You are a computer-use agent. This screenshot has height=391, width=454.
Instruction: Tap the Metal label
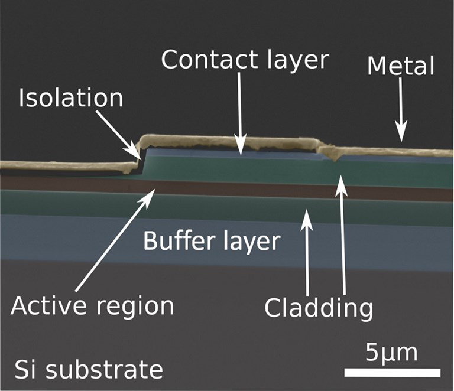coord(401,66)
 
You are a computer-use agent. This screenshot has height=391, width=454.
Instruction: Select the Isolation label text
coord(71,98)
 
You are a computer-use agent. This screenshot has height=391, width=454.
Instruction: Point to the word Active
coord(49,306)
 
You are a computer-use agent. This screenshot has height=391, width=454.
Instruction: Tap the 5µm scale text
coord(391,353)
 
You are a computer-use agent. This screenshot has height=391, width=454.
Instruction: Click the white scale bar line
coord(393,373)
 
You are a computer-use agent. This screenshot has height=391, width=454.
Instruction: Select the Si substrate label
coord(89,370)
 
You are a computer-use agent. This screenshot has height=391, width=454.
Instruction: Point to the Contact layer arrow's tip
coord(241,155)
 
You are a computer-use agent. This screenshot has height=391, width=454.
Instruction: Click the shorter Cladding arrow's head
coord(307,210)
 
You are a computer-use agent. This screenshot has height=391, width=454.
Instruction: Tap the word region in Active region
coord(135,308)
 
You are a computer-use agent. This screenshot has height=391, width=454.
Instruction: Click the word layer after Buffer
coord(252,243)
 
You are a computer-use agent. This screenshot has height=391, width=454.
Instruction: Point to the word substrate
coord(105,370)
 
